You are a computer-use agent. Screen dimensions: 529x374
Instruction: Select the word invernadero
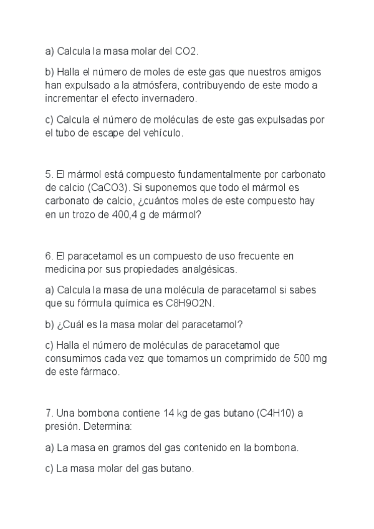coord(171,98)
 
